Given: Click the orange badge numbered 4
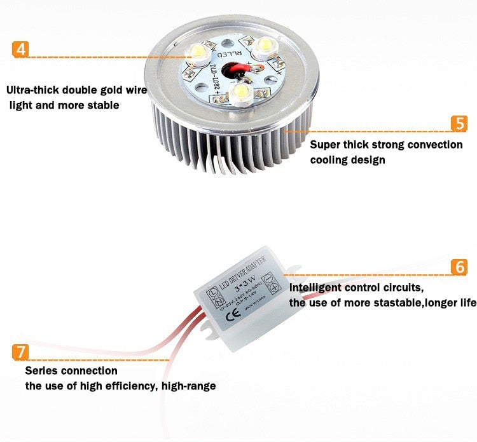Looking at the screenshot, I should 21,49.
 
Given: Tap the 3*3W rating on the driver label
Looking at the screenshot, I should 245,278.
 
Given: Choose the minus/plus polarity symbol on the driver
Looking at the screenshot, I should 270,281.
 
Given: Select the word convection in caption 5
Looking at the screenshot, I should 432,145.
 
